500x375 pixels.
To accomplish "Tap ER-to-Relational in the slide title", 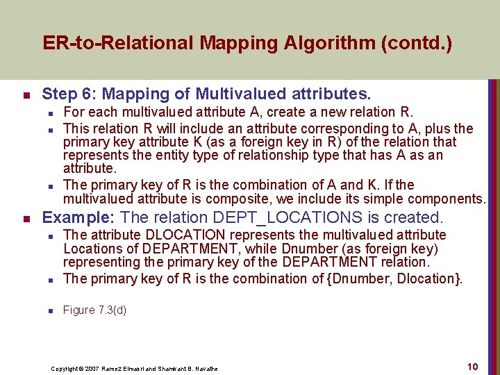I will tap(119, 44).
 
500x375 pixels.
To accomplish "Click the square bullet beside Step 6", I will tap(26, 94).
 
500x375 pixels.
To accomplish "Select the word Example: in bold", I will tap(79, 217).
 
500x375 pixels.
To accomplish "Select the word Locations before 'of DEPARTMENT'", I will tap(91, 249).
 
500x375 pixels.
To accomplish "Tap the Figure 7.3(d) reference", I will tap(94, 310).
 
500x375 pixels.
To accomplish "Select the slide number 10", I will tap(472, 367).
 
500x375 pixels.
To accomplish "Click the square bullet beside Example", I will tap(26, 219).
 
